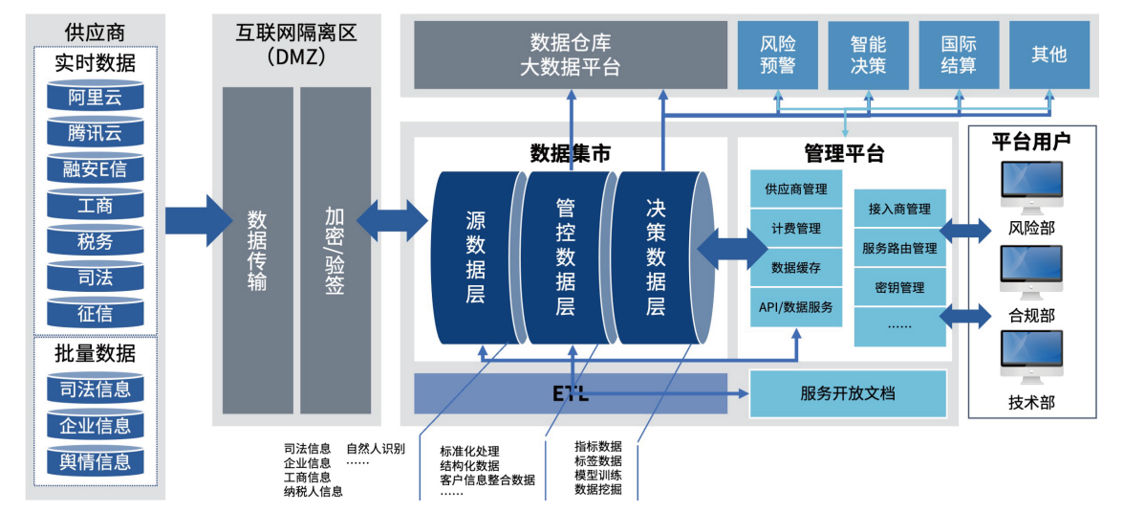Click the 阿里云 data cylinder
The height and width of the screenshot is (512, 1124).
point(96,97)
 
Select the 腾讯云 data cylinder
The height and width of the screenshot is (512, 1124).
point(96,133)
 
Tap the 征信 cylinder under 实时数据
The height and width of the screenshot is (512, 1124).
point(96,313)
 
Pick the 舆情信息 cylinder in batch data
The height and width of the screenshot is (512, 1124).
point(96,461)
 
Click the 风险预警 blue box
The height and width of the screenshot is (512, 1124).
point(777,56)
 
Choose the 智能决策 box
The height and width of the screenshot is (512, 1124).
point(868,56)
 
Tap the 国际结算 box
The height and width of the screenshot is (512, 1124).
point(958,56)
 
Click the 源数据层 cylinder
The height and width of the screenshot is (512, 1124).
point(475,256)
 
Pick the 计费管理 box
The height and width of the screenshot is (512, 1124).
point(795,229)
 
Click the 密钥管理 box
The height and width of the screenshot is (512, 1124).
point(898,287)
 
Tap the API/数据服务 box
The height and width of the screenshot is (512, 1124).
point(795,307)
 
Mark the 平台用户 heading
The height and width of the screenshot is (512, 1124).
point(1030,141)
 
